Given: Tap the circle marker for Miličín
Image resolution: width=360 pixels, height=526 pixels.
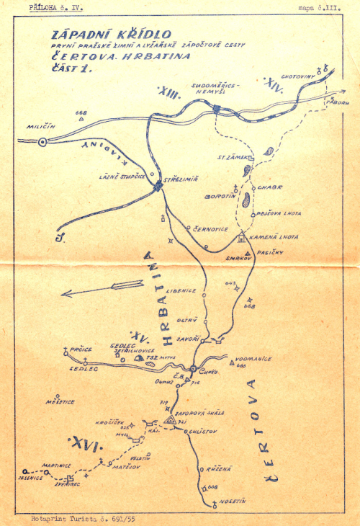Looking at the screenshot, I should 42,142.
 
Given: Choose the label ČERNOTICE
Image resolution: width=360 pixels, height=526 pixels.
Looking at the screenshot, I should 210,228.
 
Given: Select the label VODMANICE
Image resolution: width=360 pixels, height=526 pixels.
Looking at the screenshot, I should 253,358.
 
